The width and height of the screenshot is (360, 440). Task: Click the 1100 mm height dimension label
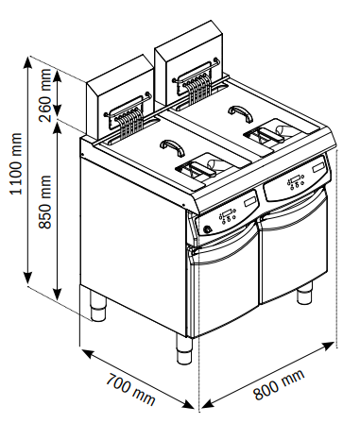tap(16, 163)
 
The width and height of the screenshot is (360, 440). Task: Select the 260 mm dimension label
tap(45, 95)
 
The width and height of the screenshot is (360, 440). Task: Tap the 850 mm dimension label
tap(45, 202)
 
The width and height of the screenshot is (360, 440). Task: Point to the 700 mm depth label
tap(130, 389)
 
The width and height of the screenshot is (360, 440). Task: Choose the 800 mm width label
tap(279, 384)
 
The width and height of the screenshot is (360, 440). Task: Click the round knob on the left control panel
tap(208, 229)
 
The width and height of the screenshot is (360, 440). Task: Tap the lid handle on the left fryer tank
tap(172, 147)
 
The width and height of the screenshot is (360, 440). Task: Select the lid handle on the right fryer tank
tap(241, 113)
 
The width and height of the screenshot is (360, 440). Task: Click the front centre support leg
tap(184, 349)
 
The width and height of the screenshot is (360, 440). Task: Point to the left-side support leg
tap(98, 305)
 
